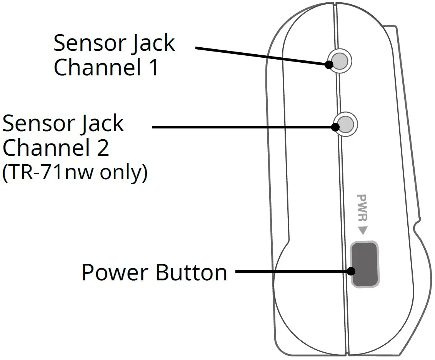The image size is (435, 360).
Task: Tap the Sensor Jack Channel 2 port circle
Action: pyautogui.click(x=346, y=124)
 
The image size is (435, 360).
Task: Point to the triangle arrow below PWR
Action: pyautogui.click(x=362, y=231)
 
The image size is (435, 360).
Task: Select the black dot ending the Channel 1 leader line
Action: pyautogui.click(x=329, y=65)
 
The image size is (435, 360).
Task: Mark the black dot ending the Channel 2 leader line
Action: pyautogui.click(x=336, y=127)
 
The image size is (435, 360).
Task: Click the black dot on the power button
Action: pyautogui.click(x=351, y=271)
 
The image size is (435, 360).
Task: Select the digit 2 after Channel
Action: pyautogui.click(x=102, y=148)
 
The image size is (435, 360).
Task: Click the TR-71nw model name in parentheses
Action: pyautogui.click(x=55, y=173)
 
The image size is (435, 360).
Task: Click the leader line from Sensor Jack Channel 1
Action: pyautogui.click(x=262, y=56)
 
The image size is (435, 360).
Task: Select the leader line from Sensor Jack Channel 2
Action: pyautogui.click(x=242, y=127)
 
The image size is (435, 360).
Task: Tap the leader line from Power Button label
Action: pyautogui.click(x=292, y=271)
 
